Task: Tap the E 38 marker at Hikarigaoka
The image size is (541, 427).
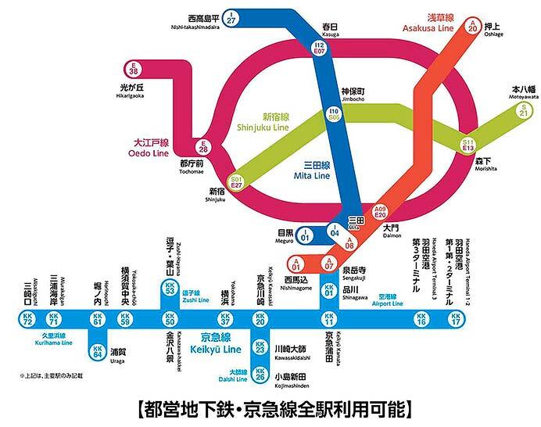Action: pyautogui.click(x=134, y=70)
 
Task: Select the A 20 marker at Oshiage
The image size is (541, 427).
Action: pyautogui.click(x=471, y=25)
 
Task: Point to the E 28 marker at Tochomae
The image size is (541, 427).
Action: pyautogui.click(x=203, y=147)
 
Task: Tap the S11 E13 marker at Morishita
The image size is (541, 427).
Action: pyautogui.click(x=468, y=143)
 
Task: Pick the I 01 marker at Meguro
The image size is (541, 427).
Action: pyautogui.click(x=306, y=234)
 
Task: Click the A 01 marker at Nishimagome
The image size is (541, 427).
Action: pyautogui.click(x=296, y=263)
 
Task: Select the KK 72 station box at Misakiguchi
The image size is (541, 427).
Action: pyautogui.click(x=27, y=319)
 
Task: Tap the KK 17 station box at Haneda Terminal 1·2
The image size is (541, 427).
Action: pyautogui.click(x=456, y=319)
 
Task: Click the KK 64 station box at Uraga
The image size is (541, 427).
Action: pyautogui.click(x=98, y=351)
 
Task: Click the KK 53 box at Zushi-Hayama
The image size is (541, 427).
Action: pyautogui.click(x=169, y=289)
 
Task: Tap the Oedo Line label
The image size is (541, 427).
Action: pyautogui.click(x=149, y=149)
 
